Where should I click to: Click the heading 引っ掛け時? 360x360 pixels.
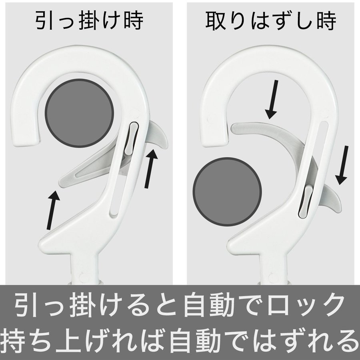tap(89, 20)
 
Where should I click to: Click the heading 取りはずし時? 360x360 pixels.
tap(270, 21)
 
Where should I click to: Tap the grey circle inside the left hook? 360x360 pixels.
tap(80, 113)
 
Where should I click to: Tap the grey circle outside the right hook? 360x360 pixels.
tap(227, 192)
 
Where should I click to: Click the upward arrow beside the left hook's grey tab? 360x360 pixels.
tap(151, 168)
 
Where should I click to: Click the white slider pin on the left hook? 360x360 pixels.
tap(132, 138)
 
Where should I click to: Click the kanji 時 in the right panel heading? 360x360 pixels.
tap(326, 21)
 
